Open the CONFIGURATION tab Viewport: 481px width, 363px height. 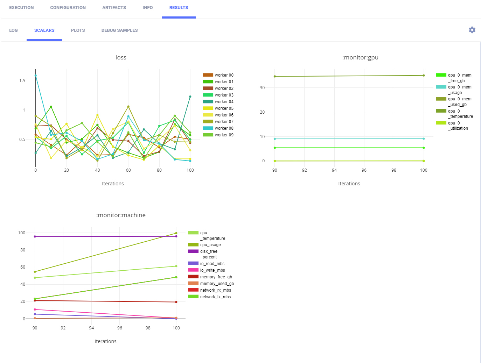68,8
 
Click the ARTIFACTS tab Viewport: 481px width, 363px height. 114,8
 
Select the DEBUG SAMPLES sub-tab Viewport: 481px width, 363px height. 119,30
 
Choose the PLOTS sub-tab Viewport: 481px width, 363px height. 78,30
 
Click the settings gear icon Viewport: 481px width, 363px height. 472,30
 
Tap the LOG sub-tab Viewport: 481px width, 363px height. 13,30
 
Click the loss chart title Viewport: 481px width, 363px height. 121,57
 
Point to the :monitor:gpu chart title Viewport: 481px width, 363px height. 360,57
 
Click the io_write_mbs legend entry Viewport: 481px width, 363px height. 212,270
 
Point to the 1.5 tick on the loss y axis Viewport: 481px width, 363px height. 22,81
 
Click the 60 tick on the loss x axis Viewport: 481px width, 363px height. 128,170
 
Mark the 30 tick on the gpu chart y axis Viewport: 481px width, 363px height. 262,88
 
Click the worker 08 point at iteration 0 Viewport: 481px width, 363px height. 35,76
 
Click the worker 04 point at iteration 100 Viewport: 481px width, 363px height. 190,97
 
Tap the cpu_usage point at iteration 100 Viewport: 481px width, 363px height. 176,233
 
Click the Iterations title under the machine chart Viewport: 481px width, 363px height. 105,341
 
